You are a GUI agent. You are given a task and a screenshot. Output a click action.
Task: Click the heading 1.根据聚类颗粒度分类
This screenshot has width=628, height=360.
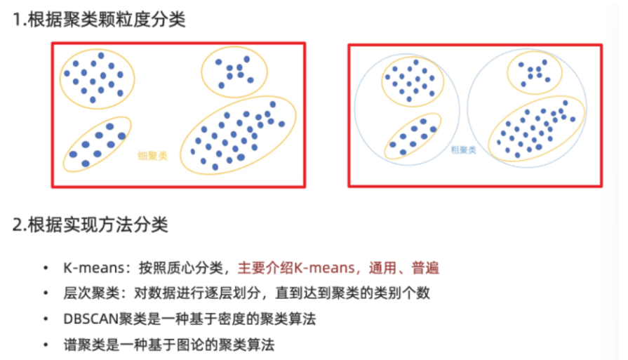(99, 19)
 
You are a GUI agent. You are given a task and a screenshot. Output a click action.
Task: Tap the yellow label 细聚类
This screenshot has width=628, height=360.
(152, 156)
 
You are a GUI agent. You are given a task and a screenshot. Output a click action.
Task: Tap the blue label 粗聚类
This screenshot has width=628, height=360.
(463, 149)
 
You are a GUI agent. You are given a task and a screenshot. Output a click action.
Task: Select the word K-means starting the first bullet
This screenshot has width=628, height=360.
(86, 268)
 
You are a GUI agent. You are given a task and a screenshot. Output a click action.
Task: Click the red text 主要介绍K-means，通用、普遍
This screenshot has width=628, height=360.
(339, 268)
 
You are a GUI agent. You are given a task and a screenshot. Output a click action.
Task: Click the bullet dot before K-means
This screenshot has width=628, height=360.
(46, 268)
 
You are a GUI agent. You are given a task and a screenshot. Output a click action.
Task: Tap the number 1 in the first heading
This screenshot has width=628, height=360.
(16, 20)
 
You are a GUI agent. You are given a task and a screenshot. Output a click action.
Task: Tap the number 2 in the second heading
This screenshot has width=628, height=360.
(17, 225)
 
